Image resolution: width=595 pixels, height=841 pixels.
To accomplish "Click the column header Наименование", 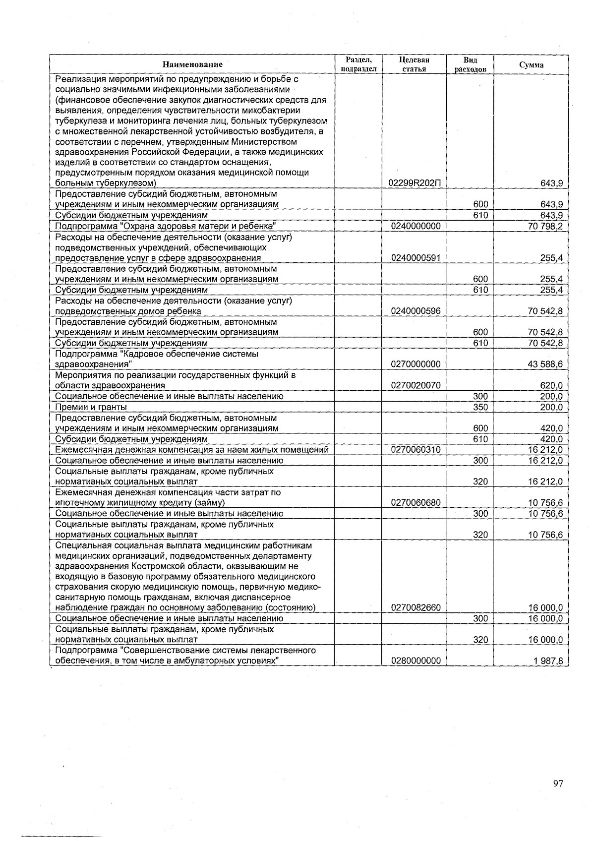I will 192,64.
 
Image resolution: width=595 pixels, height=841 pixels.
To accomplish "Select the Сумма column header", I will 531,65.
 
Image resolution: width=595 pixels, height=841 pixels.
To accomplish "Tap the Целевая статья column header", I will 414,64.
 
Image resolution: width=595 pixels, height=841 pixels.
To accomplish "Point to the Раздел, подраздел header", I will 359,64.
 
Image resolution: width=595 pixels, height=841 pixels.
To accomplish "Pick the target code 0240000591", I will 416,258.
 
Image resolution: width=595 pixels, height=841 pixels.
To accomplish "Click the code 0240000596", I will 416,311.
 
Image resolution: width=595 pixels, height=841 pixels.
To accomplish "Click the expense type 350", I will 480,407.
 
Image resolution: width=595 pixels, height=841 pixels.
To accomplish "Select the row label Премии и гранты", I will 91,407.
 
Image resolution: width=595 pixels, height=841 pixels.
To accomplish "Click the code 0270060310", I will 416,450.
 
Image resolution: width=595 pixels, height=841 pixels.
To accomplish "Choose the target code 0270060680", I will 416,503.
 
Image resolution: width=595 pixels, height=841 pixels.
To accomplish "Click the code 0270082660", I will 416,607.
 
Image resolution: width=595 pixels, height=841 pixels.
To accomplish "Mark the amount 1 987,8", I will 547,661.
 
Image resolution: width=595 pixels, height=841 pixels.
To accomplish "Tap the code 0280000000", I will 416,661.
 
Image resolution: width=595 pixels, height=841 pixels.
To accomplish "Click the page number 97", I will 558,783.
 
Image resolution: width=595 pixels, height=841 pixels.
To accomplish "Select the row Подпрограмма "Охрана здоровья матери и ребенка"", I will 165,226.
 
